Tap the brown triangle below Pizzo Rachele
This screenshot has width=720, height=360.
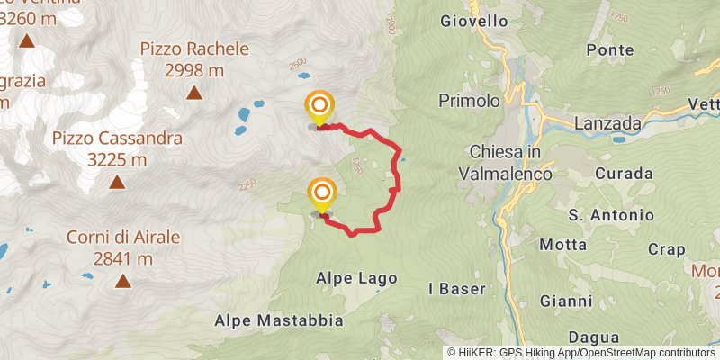tap(193, 92)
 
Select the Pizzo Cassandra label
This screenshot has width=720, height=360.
tap(117, 148)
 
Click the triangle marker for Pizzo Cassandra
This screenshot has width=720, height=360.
tap(117, 183)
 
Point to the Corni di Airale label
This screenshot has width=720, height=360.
tap(123, 247)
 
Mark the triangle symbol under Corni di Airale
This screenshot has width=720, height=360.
tap(122, 282)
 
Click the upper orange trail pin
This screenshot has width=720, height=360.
tap(319, 108)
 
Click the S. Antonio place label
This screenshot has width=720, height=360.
tap(611, 215)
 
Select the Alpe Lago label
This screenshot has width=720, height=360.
tap(356, 279)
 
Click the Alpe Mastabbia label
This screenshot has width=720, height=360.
tap(279, 320)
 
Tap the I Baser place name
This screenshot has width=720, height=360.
tap(457, 289)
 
